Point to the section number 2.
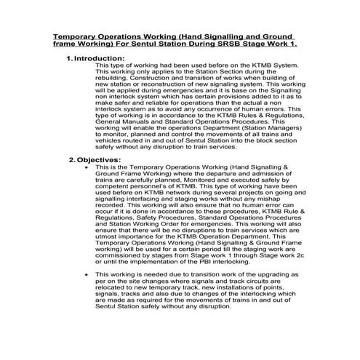pyautogui.click(x=72, y=159)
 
